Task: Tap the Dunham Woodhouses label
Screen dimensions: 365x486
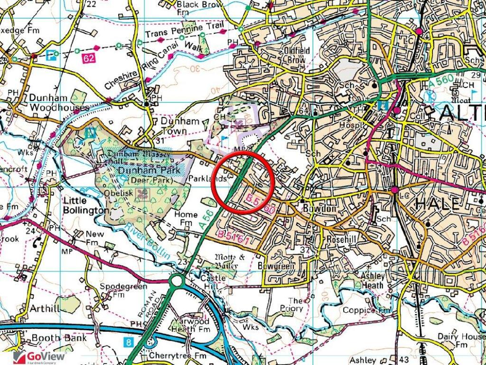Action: (x=59, y=102)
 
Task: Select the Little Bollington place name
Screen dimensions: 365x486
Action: (x=86, y=205)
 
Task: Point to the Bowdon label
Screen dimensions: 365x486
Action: (x=326, y=209)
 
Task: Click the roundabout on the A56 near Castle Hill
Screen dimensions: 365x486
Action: (x=178, y=282)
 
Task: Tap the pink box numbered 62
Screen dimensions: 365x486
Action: (x=88, y=58)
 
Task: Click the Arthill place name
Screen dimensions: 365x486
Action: (x=45, y=308)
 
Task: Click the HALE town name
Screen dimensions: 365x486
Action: (x=437, y=204)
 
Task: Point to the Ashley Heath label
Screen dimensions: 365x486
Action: (x=372, y=281)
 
